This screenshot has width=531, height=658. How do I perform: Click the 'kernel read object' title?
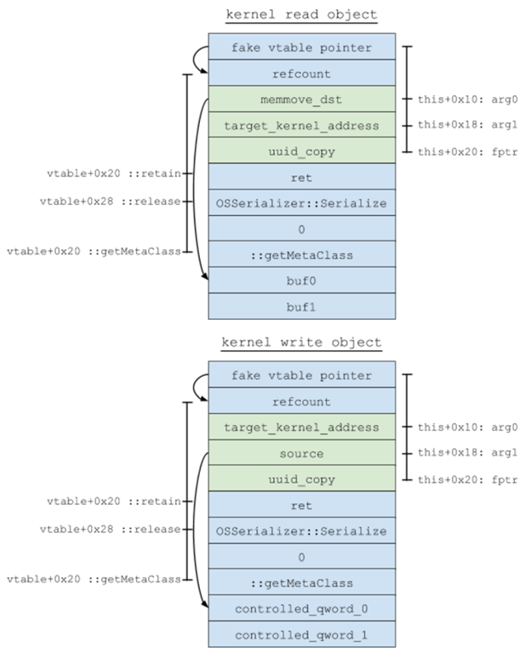pos(301,14)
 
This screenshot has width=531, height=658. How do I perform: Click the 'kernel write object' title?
pos(301,343)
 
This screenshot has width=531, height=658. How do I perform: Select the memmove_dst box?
pos(301,99)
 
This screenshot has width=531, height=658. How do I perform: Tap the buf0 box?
pos(301,281)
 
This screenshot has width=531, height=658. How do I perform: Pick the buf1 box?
pos(301,306)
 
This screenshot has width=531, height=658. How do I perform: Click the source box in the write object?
pos(301,453)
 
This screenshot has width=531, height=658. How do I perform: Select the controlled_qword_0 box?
pos(301,608)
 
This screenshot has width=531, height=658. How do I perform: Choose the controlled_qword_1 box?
pos(301,634)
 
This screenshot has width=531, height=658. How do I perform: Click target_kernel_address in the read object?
pos(301,125)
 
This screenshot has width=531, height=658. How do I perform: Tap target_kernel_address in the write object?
pos(301,427)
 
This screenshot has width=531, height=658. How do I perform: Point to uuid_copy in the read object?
pos(301,150)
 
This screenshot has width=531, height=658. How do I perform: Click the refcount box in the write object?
pos(301,400)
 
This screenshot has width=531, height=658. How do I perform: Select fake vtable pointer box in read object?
pos(301,47)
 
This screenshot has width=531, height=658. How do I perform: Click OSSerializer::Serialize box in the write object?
pos(301,530)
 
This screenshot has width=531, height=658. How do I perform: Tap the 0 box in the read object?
pos(301,229)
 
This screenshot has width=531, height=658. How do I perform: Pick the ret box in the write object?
pos(301,504)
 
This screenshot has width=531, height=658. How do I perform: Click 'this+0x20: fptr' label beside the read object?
pos(467,152)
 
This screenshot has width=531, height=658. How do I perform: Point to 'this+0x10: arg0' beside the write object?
pos(467,428)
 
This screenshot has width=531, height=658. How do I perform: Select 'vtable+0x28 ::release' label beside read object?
pos(110,201)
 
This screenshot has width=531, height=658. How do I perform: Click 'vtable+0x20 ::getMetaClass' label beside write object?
pos(94,579)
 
